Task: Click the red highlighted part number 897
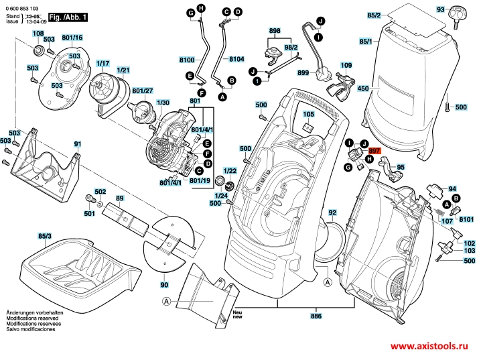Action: (x=374, y=152)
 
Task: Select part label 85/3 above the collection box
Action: (x=45, y=236)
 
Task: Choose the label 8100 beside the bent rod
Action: (x=187, y=60)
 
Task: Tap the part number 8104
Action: (x=236, y=60)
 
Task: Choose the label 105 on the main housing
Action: (x=307, y=115)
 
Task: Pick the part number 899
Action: (x=303, y=72)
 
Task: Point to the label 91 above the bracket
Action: (x=78, y=144)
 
